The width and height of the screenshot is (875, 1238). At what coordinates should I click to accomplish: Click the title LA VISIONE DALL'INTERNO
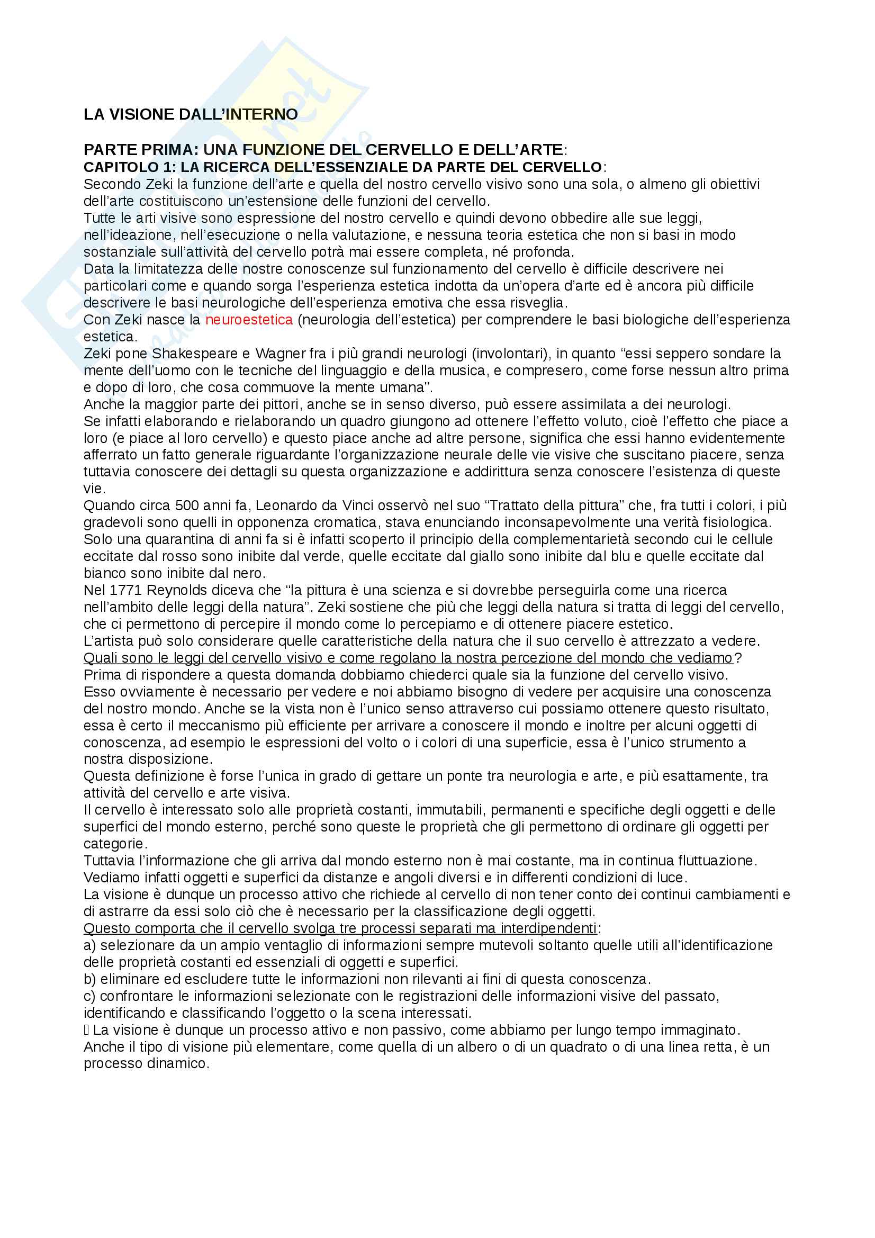(191, 114)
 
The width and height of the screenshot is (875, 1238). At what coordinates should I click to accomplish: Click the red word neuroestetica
(249, 320)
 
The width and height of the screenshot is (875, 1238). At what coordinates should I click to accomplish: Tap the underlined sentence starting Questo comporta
(340, 928)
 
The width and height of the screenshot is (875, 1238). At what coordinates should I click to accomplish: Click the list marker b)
(89, 979)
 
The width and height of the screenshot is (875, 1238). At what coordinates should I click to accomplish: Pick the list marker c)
(89, 997)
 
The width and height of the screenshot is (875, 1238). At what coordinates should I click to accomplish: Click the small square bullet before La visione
(86, 1031)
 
